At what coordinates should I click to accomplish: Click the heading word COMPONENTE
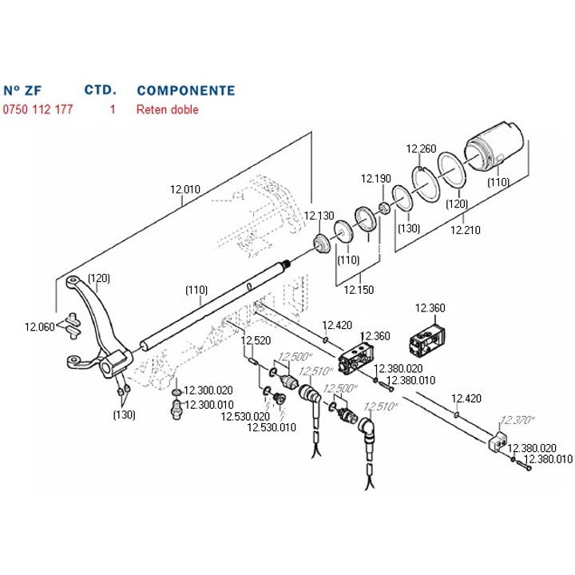pos(186,90)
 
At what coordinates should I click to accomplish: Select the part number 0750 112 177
pos(38,109)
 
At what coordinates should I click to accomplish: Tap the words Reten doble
pos(167,109)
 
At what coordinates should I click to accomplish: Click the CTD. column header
pos(101,90)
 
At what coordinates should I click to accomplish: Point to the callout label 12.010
pos(184,190)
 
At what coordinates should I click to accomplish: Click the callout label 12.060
pos(39,327)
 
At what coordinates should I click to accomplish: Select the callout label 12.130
pos(319,216)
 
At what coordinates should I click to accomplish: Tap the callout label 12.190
pos(376,178)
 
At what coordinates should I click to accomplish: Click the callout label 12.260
pos(421,149)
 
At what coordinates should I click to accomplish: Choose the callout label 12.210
pos(466,230)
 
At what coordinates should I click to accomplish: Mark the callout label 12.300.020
pos(208,391)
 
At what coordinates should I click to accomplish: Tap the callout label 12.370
pos(517,419)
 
